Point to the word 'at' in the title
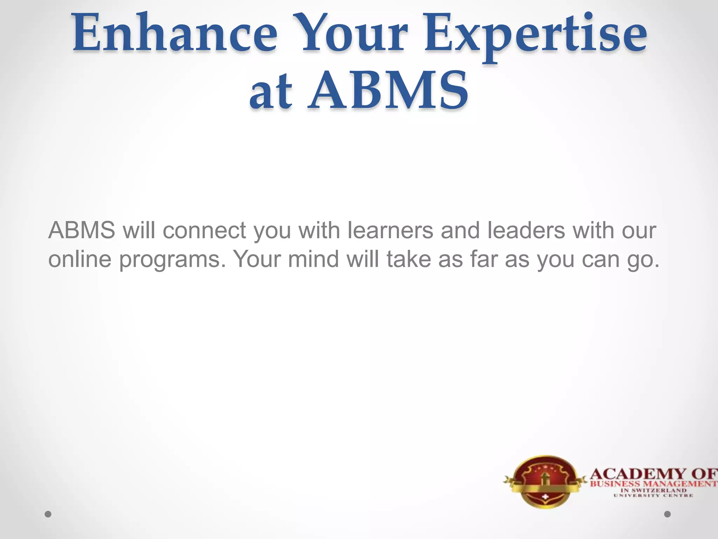pyautogui.click(x=270, y=92)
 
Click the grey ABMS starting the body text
pyautogui.click(x=82, y=231)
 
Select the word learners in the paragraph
pyautogui.click(x=391, y=231)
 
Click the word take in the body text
pyautogui.click(x=409, y=259)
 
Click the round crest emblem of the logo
pyautogui.click(x=544, y=481)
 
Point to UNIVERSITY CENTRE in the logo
pyautogui.click(x=653, y=495)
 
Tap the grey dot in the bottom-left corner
pyautogui.click(x=48, y=514)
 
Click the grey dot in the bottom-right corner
pyautogui.click(x=668, y=514)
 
